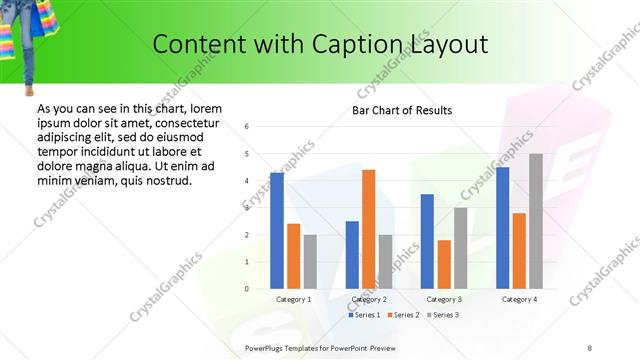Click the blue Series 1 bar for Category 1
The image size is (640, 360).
coord(277,231)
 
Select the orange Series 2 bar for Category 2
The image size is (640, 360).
coord(369,229)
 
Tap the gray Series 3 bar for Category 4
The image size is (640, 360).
coord(536,221)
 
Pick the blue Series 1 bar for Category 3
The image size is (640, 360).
coord(427,241)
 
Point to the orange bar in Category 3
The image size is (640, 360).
coord(444,264)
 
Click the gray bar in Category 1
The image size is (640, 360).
coord(310,262)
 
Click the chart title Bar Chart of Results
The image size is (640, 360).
coord(402,110)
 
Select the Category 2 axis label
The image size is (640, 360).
coord(369,299)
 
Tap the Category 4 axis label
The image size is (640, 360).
coord(520,299)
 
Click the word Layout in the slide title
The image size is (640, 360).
coord(449,45)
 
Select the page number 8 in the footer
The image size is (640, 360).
coord(590,348)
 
